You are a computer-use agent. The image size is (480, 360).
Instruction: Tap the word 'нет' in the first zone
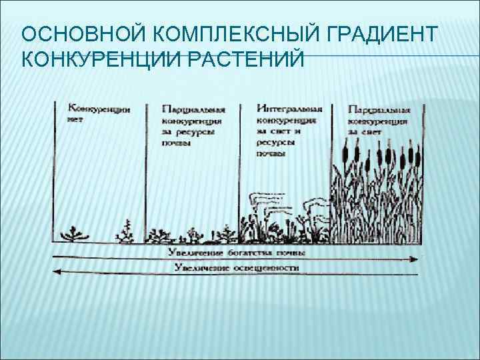click(x=75, y=120)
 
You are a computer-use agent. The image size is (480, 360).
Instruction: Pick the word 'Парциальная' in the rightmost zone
click(x=379, y=109)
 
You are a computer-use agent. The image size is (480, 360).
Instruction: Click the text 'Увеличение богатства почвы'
click(x=237, y=253)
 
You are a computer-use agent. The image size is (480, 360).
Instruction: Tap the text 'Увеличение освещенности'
click(x=237, y=268)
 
